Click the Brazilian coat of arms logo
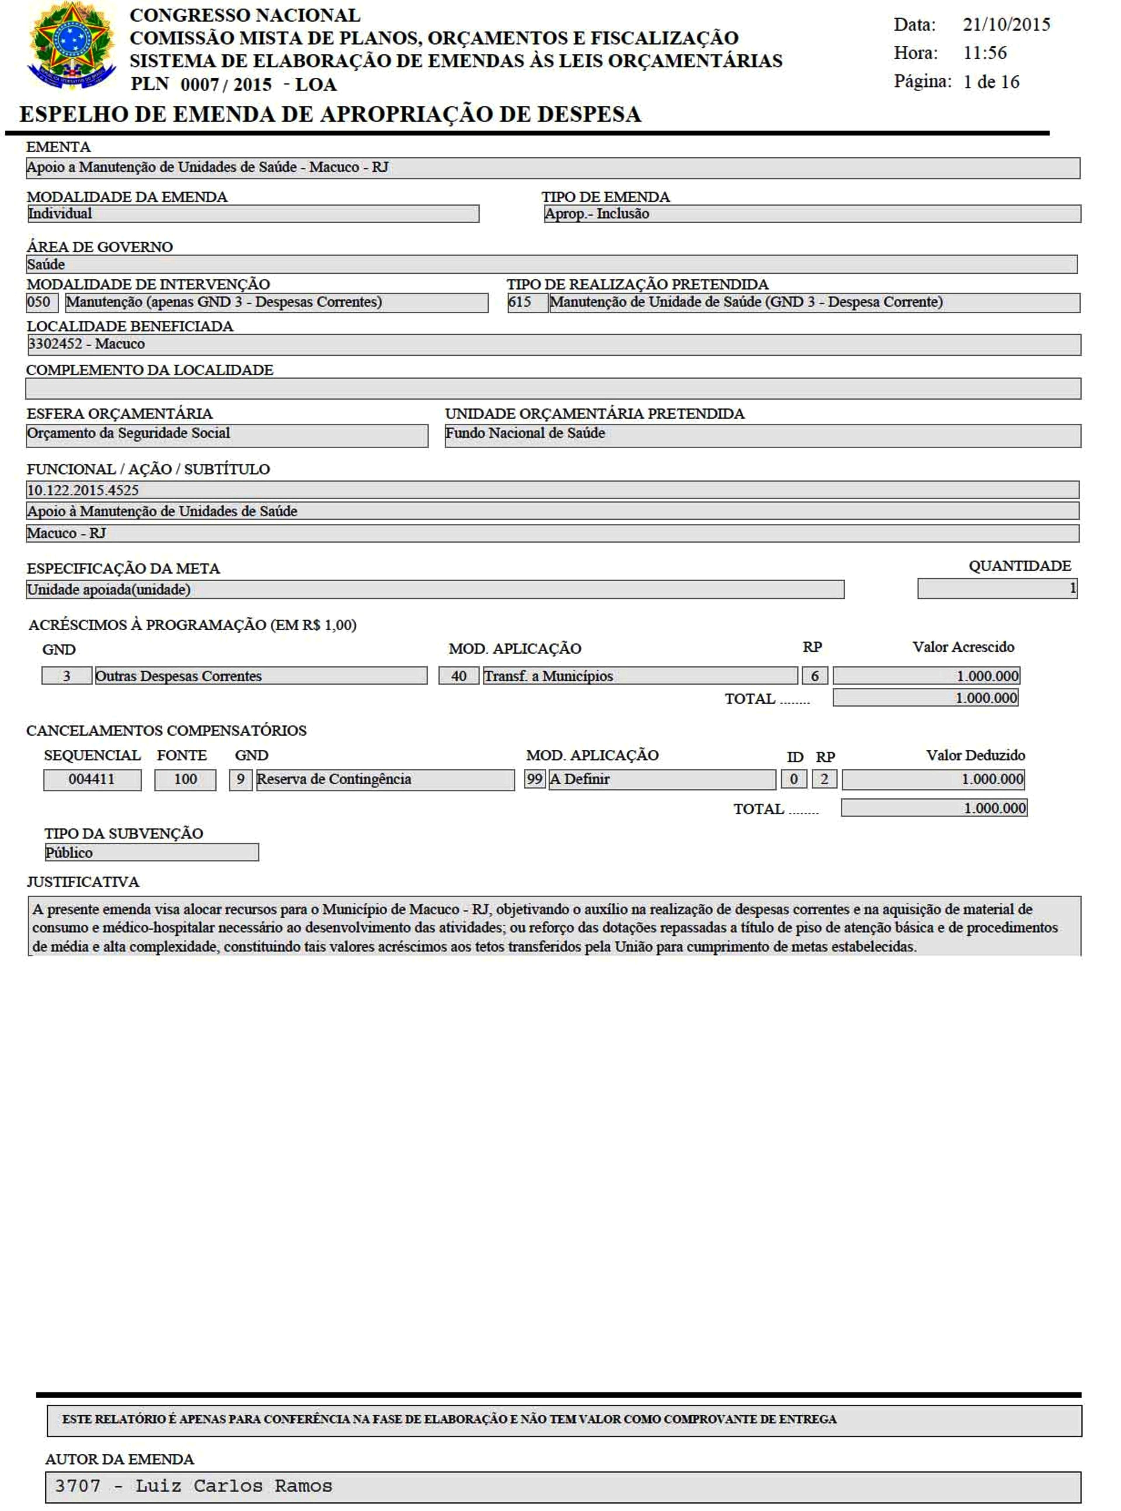(x=71, y=46)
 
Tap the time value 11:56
(x=985, y=53)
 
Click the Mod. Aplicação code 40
(x=459, y=676)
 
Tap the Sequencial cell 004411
(x=92, y=779)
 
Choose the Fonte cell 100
(x=185, y=779)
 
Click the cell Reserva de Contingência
(x=384, y=779)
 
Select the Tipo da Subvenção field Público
(x=151, y=853)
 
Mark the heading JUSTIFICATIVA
(x=83, y=882)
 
